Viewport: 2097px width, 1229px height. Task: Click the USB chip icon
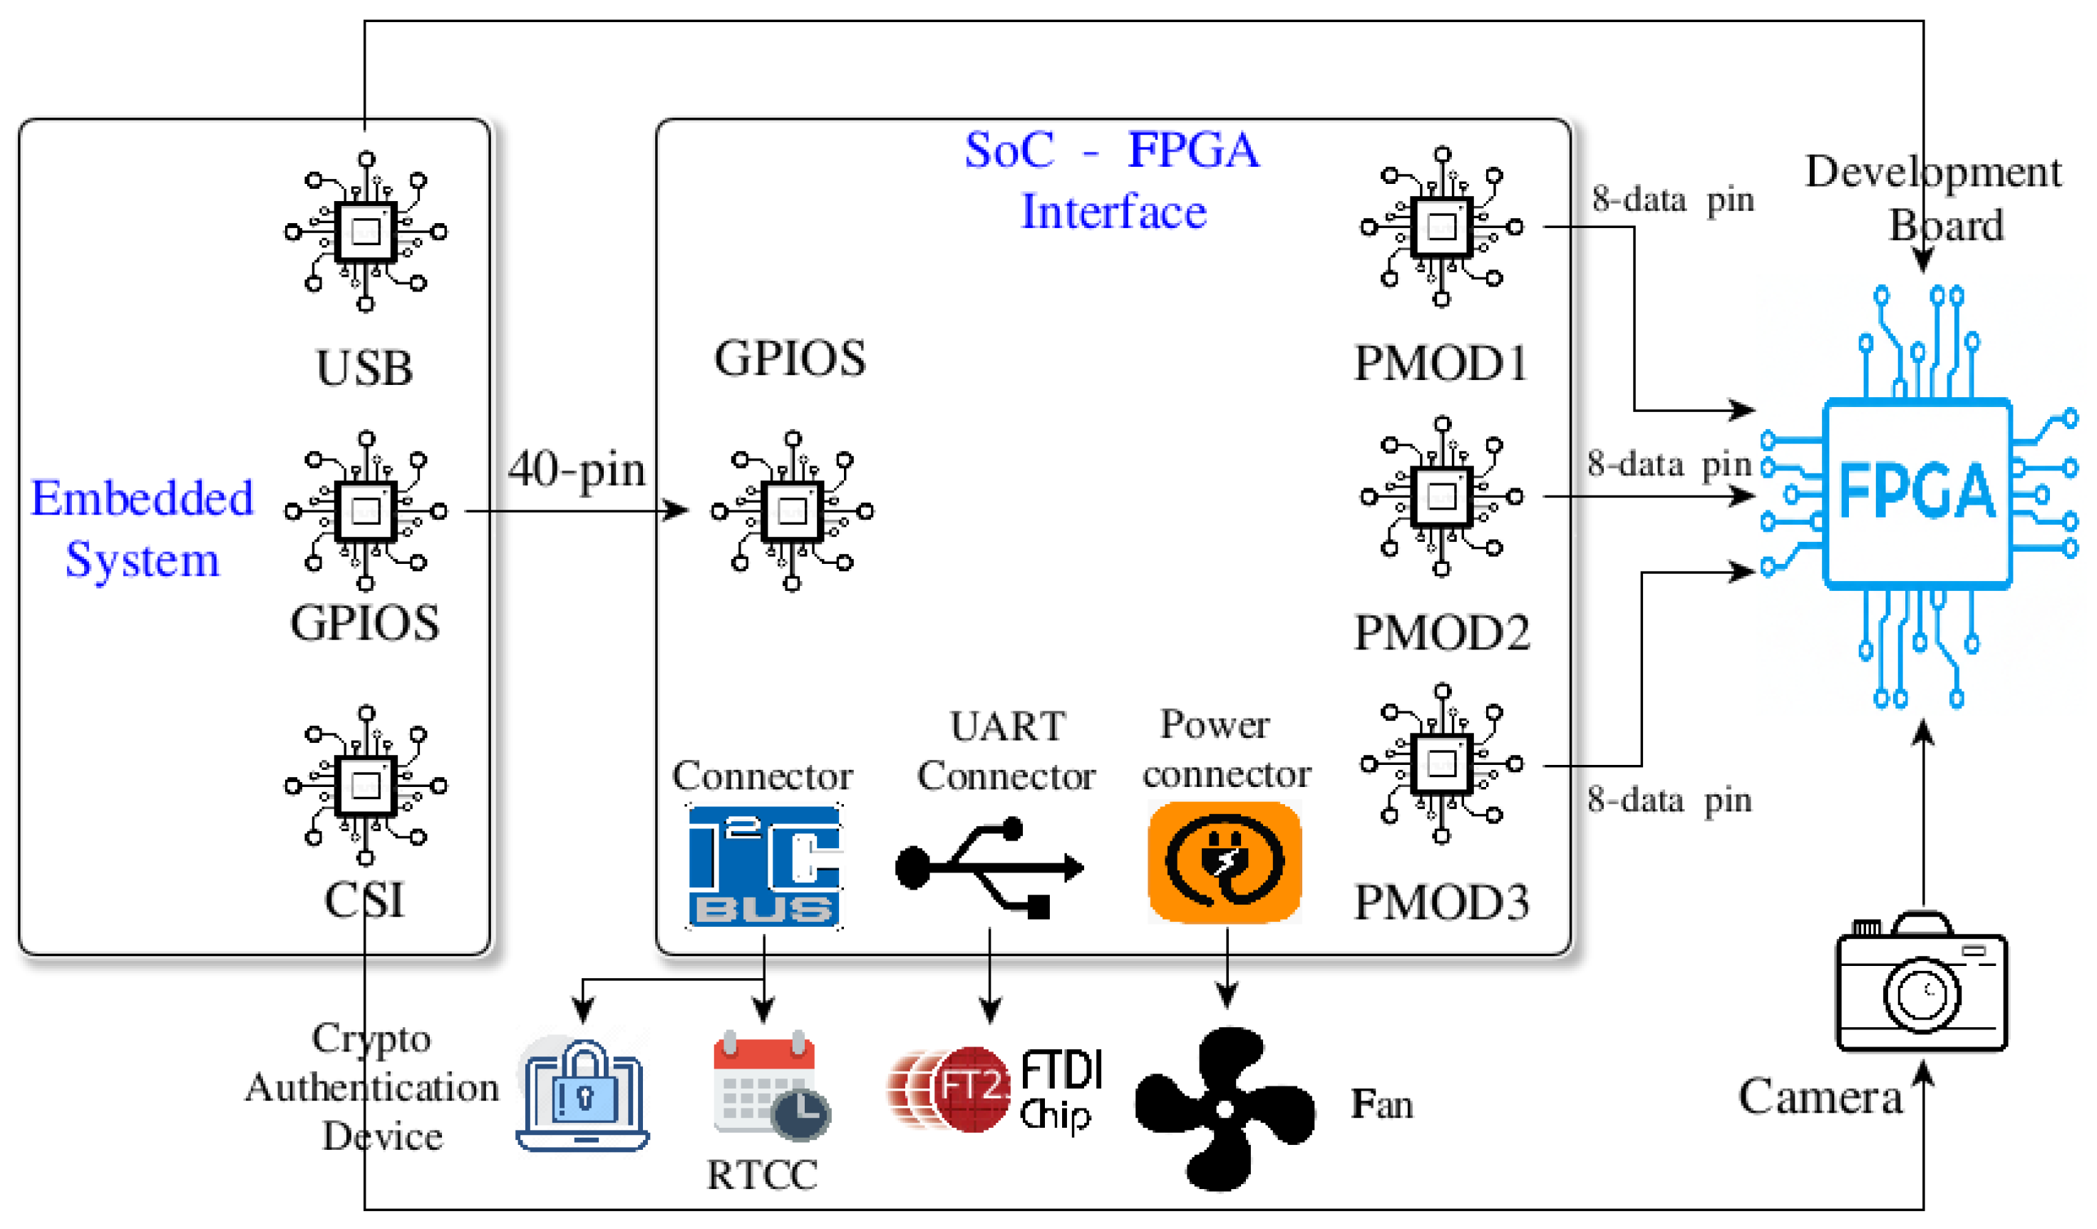366,231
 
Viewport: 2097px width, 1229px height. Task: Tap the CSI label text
364,900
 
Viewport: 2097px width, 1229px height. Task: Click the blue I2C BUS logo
764,866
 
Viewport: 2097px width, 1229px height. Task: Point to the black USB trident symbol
989,867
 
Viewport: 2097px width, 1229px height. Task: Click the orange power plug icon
1224,862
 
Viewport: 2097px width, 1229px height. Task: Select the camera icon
1922,982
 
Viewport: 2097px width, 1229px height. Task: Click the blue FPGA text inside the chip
1917,491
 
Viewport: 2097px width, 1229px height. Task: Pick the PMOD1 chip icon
1442,226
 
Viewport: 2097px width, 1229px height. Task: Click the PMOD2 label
1442,633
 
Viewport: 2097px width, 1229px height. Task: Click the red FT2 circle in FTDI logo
969,1089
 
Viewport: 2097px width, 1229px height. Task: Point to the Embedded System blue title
143,529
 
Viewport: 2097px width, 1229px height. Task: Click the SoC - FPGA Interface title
1113,180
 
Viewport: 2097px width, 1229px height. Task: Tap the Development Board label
1934,198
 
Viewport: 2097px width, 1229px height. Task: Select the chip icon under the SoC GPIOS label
792,511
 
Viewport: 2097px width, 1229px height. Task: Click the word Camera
1820,1096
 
